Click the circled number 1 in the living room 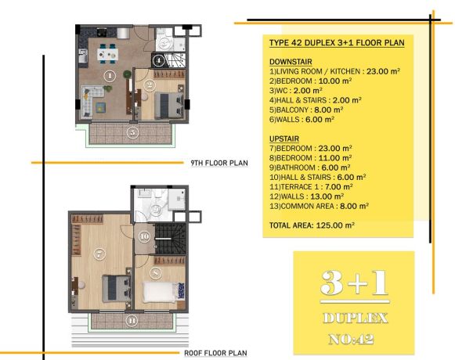point(110,76)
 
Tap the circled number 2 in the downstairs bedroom point(150,85)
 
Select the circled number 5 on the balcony point(132,132)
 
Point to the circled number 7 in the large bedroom point(99,254)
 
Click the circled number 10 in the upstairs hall point(144,236)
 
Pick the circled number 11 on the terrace point(132,321)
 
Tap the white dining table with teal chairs point(107,53)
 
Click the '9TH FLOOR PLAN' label point(219,163)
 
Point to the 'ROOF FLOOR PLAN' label point(215,353)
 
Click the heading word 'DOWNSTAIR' point(291,62)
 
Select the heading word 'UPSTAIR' point(284,139)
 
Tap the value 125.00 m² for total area point(335,225)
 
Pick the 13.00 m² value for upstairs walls point(327,196)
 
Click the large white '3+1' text point(354,283)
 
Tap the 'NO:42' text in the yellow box point(351,339)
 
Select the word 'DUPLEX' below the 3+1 point(356,319)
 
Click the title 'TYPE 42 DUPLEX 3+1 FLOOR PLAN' point(337,43)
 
